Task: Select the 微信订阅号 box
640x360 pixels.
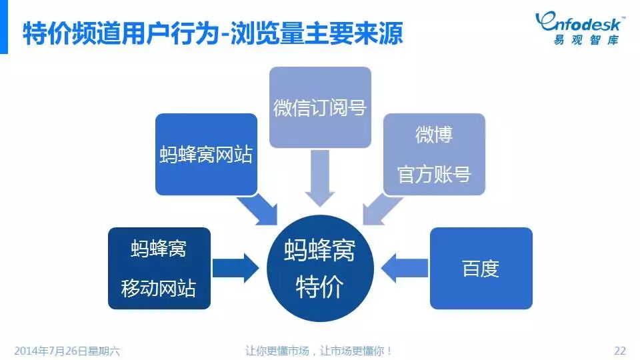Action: (x=320, y=107)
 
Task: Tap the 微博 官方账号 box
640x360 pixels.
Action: (x=434, y=155)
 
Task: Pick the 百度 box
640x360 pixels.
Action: (x=481, y=269)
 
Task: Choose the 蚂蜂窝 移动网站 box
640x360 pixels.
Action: (x=159, y=269)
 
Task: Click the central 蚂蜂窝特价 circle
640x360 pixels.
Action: (x=319, y=269)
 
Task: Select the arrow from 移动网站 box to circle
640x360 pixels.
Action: (x=235, y=269)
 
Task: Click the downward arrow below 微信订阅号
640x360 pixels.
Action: (x=319, y=177)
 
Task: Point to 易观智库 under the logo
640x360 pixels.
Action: (x=585, y=40)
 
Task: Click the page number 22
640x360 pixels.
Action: (x=619, y=350)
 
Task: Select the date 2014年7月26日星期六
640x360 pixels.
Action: (x=67, y=350)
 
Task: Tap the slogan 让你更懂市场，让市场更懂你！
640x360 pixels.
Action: (x=319, y=350)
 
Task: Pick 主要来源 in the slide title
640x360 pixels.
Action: (x=353, y=33)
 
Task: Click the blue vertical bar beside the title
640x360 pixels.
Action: (x=3, y=33)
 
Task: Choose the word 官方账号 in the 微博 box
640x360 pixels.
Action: (x=434, y=174)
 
